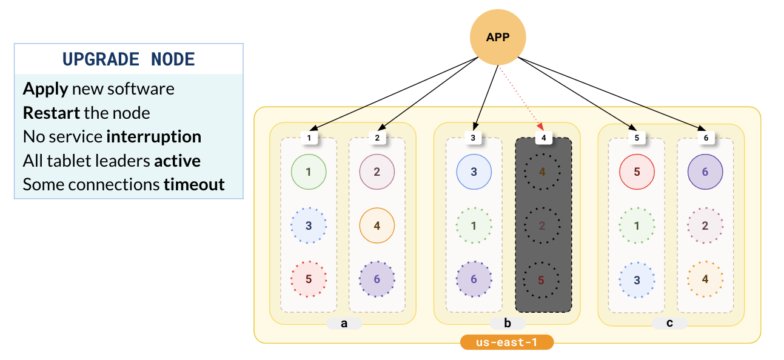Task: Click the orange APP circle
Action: [x=498, y=38]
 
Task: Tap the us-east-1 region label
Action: [x=507, y=342]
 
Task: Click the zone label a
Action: [x=344, y=323]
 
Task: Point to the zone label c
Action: [x=669, y=323]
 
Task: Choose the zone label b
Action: [x=507, y=323]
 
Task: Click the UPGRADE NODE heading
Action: [x=129, y=59]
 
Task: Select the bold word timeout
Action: [x=194, y=184]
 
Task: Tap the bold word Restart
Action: [x=52, y=113]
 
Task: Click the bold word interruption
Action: [x=153, y=137]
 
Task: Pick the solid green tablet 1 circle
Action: [x=309, y=172]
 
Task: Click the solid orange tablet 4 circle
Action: [x=377, y=225]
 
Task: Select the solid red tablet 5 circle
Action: [x=637, y=172]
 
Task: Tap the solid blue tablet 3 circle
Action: [x=474, y=172]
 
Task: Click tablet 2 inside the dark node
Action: [x=542, y=225]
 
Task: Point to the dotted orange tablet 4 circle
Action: [x=705, y=279]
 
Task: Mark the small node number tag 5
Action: [x=637, y=138]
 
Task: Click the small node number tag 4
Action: [x=543, y=138]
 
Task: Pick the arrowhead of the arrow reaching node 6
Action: [x=702, y=130]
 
